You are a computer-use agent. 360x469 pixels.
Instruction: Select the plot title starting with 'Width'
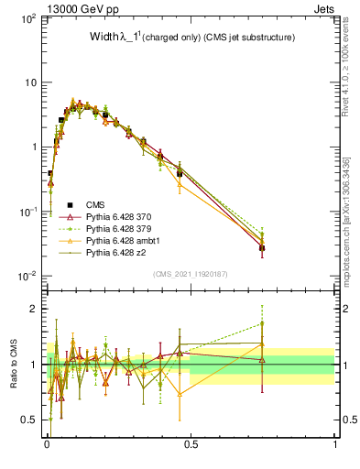pos(180,37)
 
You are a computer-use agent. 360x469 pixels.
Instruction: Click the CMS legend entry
pos(96,204)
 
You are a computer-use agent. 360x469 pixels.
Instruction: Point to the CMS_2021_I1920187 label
pos(190,273)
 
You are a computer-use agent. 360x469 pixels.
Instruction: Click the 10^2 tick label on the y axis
pos(27,18)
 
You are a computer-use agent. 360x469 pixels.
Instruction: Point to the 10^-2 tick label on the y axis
pos(27,276)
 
